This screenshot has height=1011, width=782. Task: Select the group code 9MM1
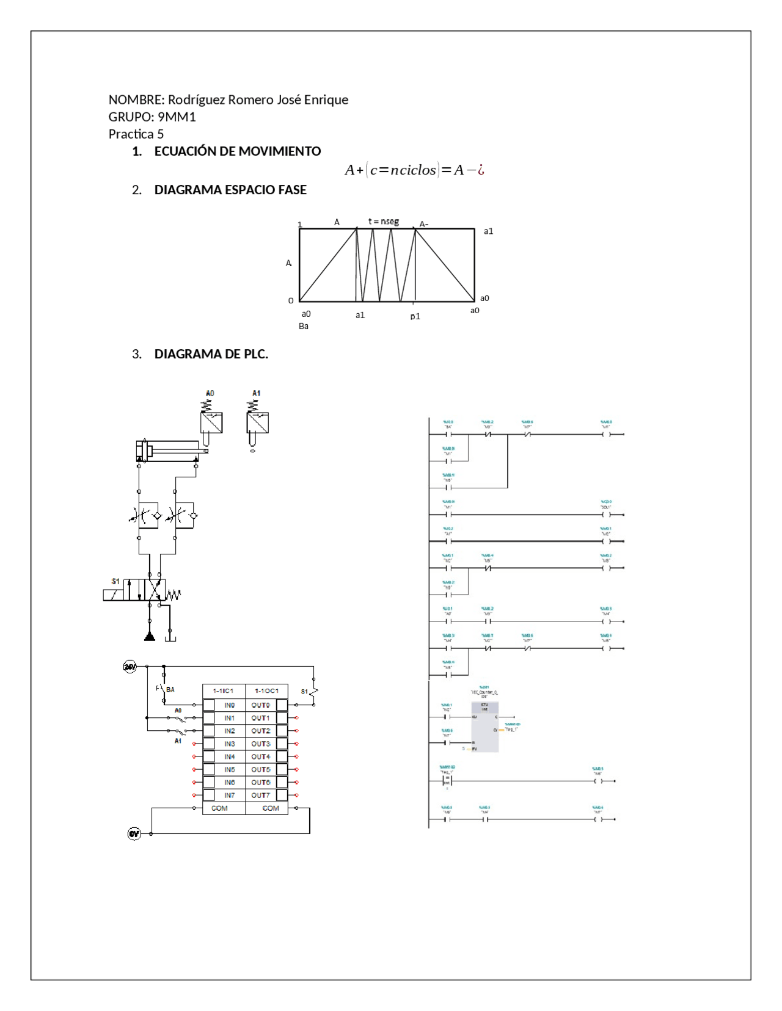click(177, 117)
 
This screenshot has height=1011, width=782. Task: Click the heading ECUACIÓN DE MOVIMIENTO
click(237, 151)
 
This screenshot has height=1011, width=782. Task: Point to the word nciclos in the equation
click(413, 170)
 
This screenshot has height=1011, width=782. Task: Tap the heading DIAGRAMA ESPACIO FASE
click(230, 190)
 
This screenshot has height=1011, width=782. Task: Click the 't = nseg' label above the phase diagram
click(383, 221)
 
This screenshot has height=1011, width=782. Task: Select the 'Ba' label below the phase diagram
click(304, 326)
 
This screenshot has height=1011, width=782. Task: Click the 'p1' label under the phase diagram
click(415, 316)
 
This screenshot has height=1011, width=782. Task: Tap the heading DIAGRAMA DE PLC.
click(211, 354)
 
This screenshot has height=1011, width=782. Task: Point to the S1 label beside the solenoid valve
click(115, 581)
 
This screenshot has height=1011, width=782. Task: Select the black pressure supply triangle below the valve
click(150, 637)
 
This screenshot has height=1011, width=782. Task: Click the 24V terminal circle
click(130, 667)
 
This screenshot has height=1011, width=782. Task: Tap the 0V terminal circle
click(134, 833)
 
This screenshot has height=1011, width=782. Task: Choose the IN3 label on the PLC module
click(229, 744)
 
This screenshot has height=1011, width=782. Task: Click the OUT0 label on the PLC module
click(260, 705)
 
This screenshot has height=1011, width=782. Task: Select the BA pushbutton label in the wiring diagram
click(170, 689)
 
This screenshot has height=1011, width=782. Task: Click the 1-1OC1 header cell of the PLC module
click(266, 691)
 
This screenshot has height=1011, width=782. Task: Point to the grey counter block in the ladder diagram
click(484, 727)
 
